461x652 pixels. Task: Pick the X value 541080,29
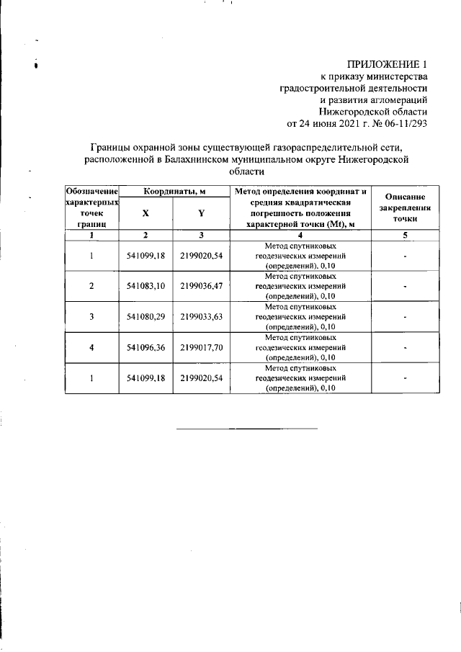point(146,316)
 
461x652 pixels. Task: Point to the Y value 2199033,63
point(201,316)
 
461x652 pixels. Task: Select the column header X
point(146,213)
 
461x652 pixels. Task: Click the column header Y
point(202,213)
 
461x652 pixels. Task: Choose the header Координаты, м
point(173,191)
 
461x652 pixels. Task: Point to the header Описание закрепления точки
point(406,207)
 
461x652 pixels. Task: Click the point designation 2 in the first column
point(91,286)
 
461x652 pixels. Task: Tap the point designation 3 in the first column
point(91,316)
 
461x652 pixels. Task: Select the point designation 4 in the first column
point(91,347)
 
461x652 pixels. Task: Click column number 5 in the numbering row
point(406,235)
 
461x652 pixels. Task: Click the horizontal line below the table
point(247,429)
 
